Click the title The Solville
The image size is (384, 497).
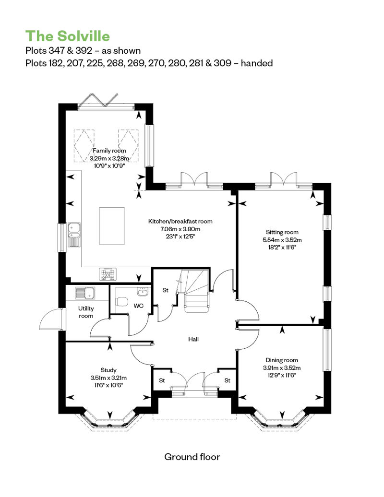click(68, 36)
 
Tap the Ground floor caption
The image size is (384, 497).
click(192, 457)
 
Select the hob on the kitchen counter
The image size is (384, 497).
click(108, 274)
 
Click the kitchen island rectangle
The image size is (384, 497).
click(112, 226)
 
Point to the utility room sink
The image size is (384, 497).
click(85, 293)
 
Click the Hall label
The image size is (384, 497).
click(193, 339)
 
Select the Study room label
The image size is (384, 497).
click(108, 370)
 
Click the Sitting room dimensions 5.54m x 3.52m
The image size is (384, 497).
click(282, 240)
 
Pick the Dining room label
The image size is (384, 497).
click(282, 360)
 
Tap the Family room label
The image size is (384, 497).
click(109, 151)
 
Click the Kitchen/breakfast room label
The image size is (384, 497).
click(180, 221)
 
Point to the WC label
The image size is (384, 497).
click(139, 306)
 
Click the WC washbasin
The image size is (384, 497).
click(143, 292)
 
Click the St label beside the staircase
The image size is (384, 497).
click(165, 290)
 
